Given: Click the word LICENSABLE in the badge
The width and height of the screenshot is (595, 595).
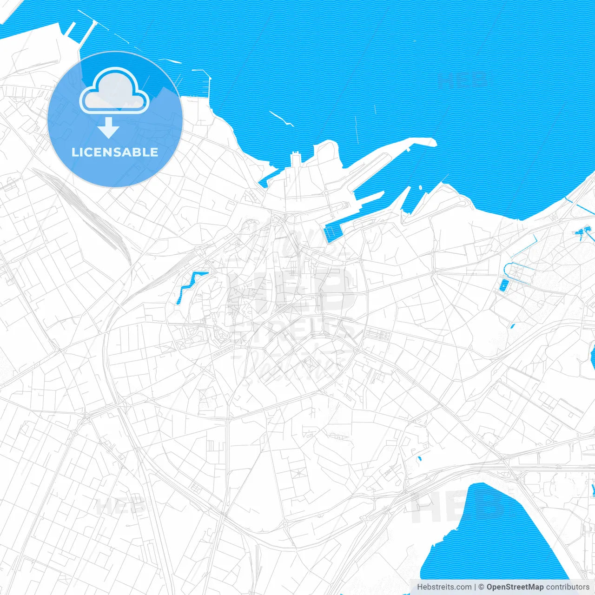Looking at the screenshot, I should [x=115, y=152].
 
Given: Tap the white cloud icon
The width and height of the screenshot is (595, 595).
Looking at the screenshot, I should [x=114, y=91].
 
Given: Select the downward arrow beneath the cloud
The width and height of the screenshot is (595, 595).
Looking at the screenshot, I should [x=108, y=128].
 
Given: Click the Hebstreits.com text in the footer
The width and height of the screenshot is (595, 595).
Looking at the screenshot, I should [x=444, y=587].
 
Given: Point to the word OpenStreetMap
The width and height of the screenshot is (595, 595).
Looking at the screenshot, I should [x=515, y=587].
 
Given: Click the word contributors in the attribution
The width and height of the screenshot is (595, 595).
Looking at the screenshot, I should [x=568, y=587].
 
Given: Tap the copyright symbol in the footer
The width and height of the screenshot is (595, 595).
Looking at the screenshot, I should [x=482, y=587].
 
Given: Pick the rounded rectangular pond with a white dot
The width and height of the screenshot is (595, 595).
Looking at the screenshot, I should [x=503, y=285].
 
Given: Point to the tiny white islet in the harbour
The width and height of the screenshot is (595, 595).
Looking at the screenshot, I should [x=420, y=188].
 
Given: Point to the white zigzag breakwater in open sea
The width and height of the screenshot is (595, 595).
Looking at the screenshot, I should [x=281, y=118].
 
